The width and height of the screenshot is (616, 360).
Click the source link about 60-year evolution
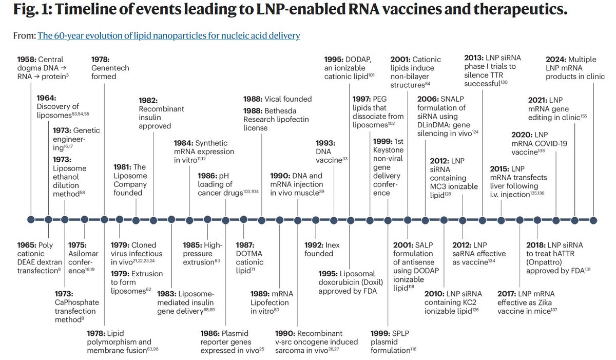(169, 35)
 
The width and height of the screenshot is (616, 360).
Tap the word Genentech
(111, 68)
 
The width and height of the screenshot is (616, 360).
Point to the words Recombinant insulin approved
(161, 117)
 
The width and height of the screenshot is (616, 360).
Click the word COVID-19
(553, 144)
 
